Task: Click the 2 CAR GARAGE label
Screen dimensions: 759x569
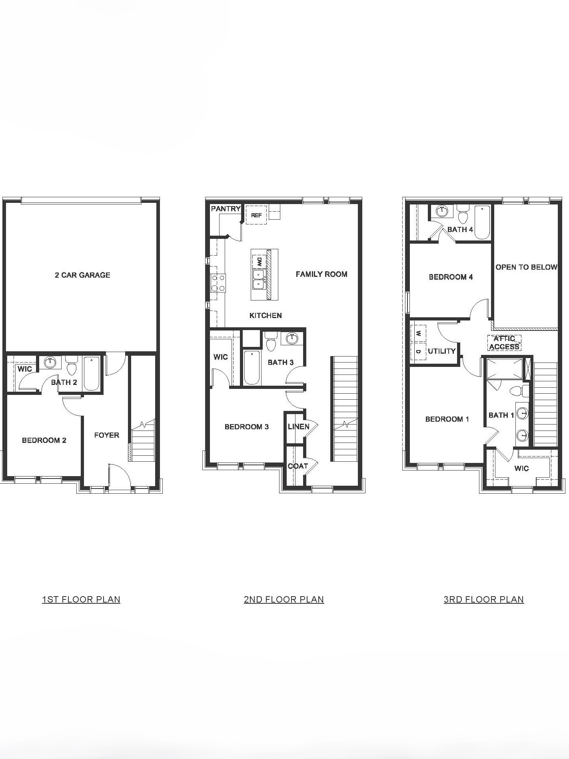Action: [82, 275]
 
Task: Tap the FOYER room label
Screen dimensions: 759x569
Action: [106, 435]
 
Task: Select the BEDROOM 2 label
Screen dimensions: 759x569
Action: [44, 440]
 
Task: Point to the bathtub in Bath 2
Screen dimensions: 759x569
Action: [92, 373]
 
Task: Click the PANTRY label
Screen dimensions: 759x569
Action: [226, 208]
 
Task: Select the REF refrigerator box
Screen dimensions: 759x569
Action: [256, 215]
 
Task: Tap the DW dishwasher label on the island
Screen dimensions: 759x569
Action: [259, 262]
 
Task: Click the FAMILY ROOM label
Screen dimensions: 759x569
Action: [321, 274]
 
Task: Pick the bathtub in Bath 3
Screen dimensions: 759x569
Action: [252, 367]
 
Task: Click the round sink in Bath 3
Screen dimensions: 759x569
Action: [292, 338]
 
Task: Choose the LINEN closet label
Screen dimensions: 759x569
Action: [298, 427]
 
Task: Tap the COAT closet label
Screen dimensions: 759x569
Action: [297, 466]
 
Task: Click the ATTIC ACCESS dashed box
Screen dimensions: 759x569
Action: [504, 343]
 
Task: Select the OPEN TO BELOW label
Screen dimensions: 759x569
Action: [526, 267]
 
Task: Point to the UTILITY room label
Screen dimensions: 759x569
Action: [441, 351]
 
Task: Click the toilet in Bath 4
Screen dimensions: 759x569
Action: [463, 215]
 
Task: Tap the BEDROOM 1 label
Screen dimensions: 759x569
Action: [447, 419]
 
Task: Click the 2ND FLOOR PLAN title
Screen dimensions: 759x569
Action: [284, 599]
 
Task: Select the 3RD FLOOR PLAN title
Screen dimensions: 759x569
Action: [483, 599]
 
